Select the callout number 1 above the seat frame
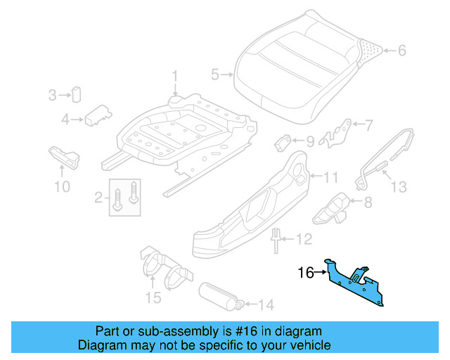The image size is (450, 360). click(176, 76)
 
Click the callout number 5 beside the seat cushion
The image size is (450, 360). click(216, 73)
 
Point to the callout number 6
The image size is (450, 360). click(402, 50)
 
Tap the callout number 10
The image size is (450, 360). click(62, 186)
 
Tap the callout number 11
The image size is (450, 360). click(331, 176)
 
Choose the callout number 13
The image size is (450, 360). click(399, 186)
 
